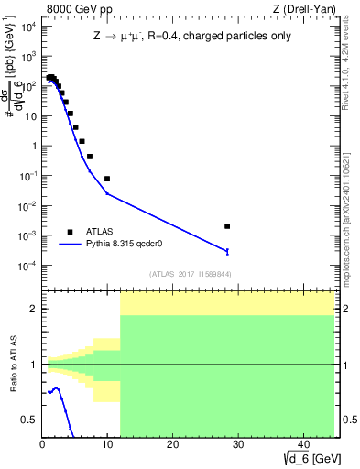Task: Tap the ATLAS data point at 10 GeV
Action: click(x=107, y=179)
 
